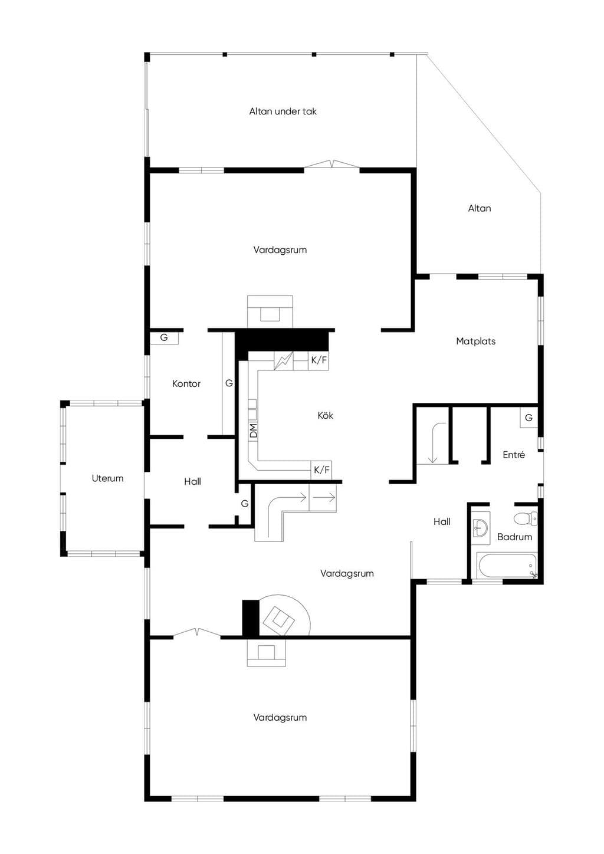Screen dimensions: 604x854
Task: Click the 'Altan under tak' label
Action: (x=283, y=111)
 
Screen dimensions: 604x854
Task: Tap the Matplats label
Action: (x=475, y=341)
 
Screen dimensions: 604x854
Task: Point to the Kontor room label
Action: (x=186, y=383)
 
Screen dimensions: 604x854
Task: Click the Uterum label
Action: (x=107, y=478)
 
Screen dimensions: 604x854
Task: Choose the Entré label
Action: (x=514, y=455)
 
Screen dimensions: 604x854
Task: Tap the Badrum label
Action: (x=514, y=537)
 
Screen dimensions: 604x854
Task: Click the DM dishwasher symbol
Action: (x=253, y=431)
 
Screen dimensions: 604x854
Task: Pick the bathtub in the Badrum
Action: (x=507, y=566)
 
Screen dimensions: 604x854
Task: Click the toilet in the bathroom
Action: (x=526, y=518)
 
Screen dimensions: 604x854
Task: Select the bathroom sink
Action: (x=481, y=528)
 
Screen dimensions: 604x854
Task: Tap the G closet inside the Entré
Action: (x=528, y=418)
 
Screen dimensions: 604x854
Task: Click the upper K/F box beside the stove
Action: (x=319, y=360)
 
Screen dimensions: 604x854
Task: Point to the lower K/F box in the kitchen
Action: (x=321, y=469)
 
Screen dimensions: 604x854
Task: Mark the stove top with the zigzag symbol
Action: (x=283, y=360)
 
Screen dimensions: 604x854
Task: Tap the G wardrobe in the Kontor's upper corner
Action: (x=164, y=338)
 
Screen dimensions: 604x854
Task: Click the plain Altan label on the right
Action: (x=480, y=208)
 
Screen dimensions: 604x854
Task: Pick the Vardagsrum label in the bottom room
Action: (x=280, y=718)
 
